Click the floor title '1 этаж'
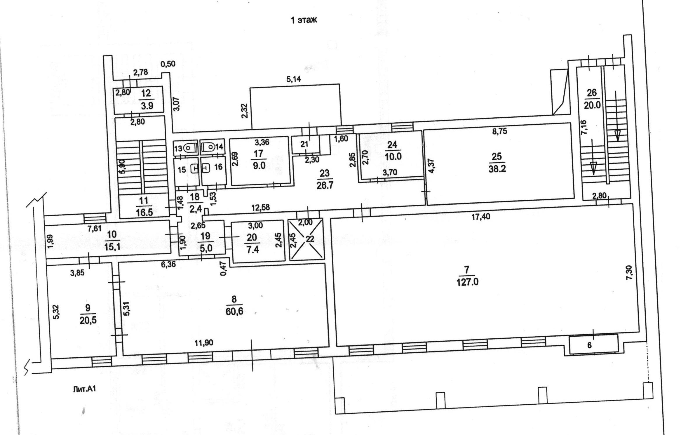304,20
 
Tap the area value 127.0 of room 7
468,282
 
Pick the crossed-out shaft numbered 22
306,239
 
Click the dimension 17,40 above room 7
481,217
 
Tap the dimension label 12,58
261,208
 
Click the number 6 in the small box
589,345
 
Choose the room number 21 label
304,144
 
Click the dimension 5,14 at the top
293,79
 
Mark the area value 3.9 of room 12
147,106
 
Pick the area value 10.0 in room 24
393,156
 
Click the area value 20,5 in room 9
88,321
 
